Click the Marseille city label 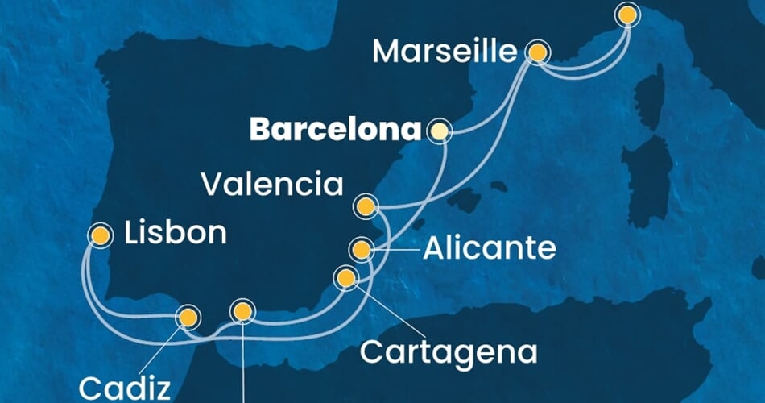(445, 53)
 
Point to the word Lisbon (176, 235)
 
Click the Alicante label (489, 249)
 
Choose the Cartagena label (449, 351)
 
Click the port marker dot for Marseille (538, 53)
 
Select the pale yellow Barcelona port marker (439, 130)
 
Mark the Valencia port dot (366, 207)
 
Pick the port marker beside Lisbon (100, 235)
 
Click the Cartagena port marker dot (345, 279)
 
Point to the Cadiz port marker (188, 318)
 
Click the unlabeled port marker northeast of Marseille (626, 14)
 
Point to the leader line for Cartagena (387, 315)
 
